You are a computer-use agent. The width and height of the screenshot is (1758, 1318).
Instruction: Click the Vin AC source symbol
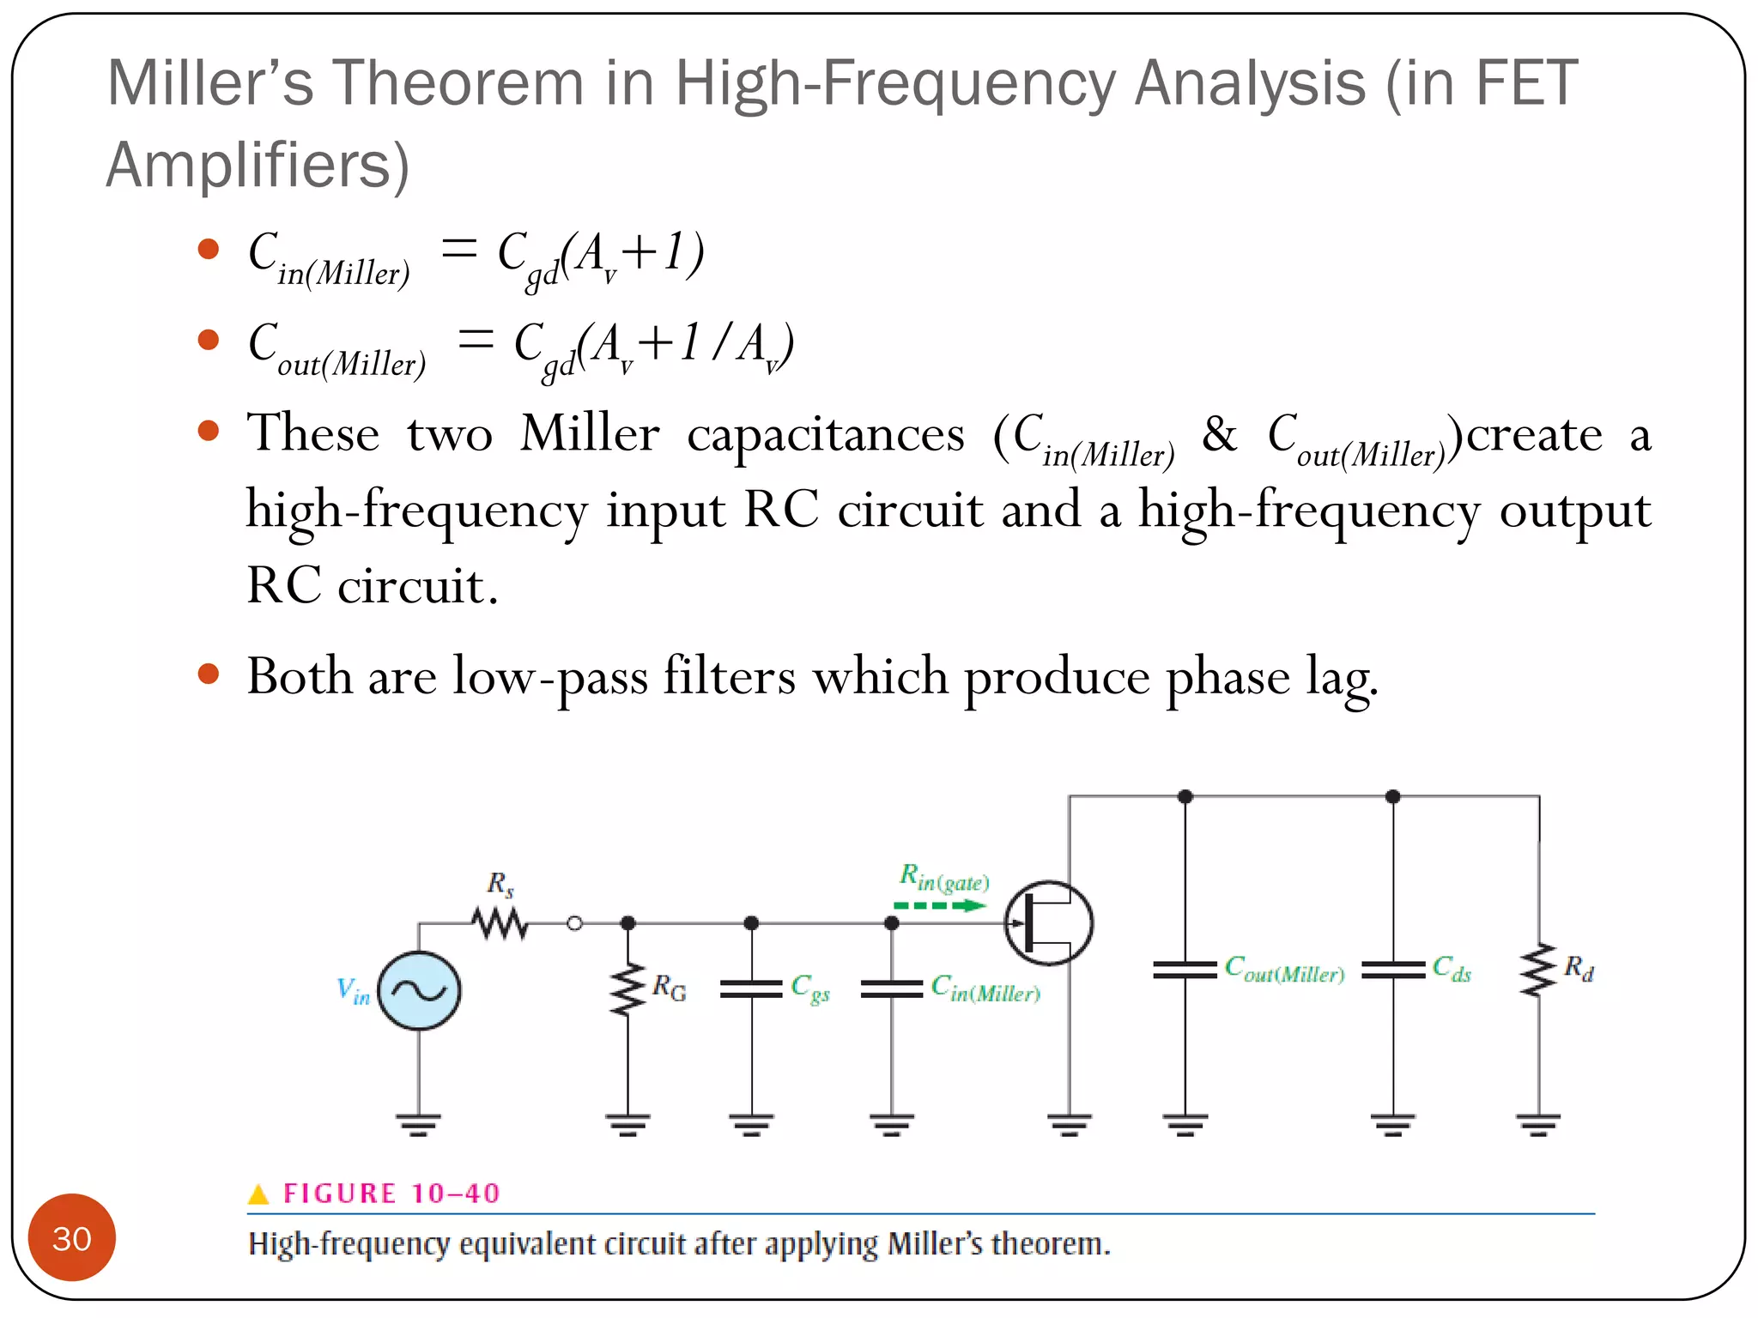coord(419,991)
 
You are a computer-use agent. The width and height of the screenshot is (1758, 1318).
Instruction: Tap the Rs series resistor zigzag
coord(500,923)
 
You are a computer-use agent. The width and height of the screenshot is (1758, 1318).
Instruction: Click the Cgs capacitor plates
coord(751,988)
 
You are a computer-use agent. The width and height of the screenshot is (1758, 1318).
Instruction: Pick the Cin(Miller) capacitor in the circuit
coord(892,988)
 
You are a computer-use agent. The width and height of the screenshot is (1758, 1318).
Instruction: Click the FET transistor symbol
coord(1048,923)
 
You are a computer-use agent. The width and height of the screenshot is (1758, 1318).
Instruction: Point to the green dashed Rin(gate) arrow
coord(941,905)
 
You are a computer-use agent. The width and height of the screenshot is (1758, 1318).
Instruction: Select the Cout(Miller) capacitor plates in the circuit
coord(1185,970)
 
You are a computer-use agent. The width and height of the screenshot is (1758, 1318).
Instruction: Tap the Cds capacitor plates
coord(1392,970)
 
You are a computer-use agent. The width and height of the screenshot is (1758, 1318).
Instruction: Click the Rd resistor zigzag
coord(1538,970)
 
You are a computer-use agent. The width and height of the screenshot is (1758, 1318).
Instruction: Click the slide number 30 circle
coord(72,1237)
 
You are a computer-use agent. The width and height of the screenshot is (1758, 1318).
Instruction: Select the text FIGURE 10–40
coord(391,1194)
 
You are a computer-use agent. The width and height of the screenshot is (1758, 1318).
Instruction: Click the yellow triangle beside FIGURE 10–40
coord(258,1194)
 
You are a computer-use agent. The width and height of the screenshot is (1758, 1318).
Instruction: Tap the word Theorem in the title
coord(458,83)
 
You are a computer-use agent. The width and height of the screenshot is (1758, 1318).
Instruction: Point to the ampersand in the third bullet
coord(1219,433)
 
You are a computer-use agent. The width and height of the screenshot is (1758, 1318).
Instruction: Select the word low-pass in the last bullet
coord(550,677)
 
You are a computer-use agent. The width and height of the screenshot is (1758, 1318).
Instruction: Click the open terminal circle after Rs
coord(575,923)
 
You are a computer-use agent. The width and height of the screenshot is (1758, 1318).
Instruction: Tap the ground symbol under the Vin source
coord(419,1123)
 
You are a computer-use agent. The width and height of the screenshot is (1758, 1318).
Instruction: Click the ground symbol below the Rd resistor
coord(1538,1123)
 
